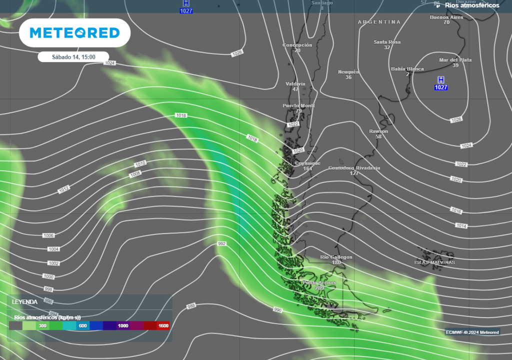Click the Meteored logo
75,33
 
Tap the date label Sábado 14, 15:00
73,57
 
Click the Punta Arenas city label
319,283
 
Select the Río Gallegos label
336,257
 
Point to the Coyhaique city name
307,163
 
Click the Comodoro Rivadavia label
354,168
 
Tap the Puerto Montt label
298,105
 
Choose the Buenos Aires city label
446,17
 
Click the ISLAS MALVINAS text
434,262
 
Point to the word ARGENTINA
379,22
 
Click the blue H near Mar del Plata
440,80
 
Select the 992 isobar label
222,243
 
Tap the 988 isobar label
191,305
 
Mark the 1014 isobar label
461,226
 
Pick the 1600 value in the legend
163,325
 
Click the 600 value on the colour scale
83,325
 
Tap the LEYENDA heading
24,302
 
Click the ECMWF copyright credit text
472,332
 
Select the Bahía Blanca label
407,69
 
